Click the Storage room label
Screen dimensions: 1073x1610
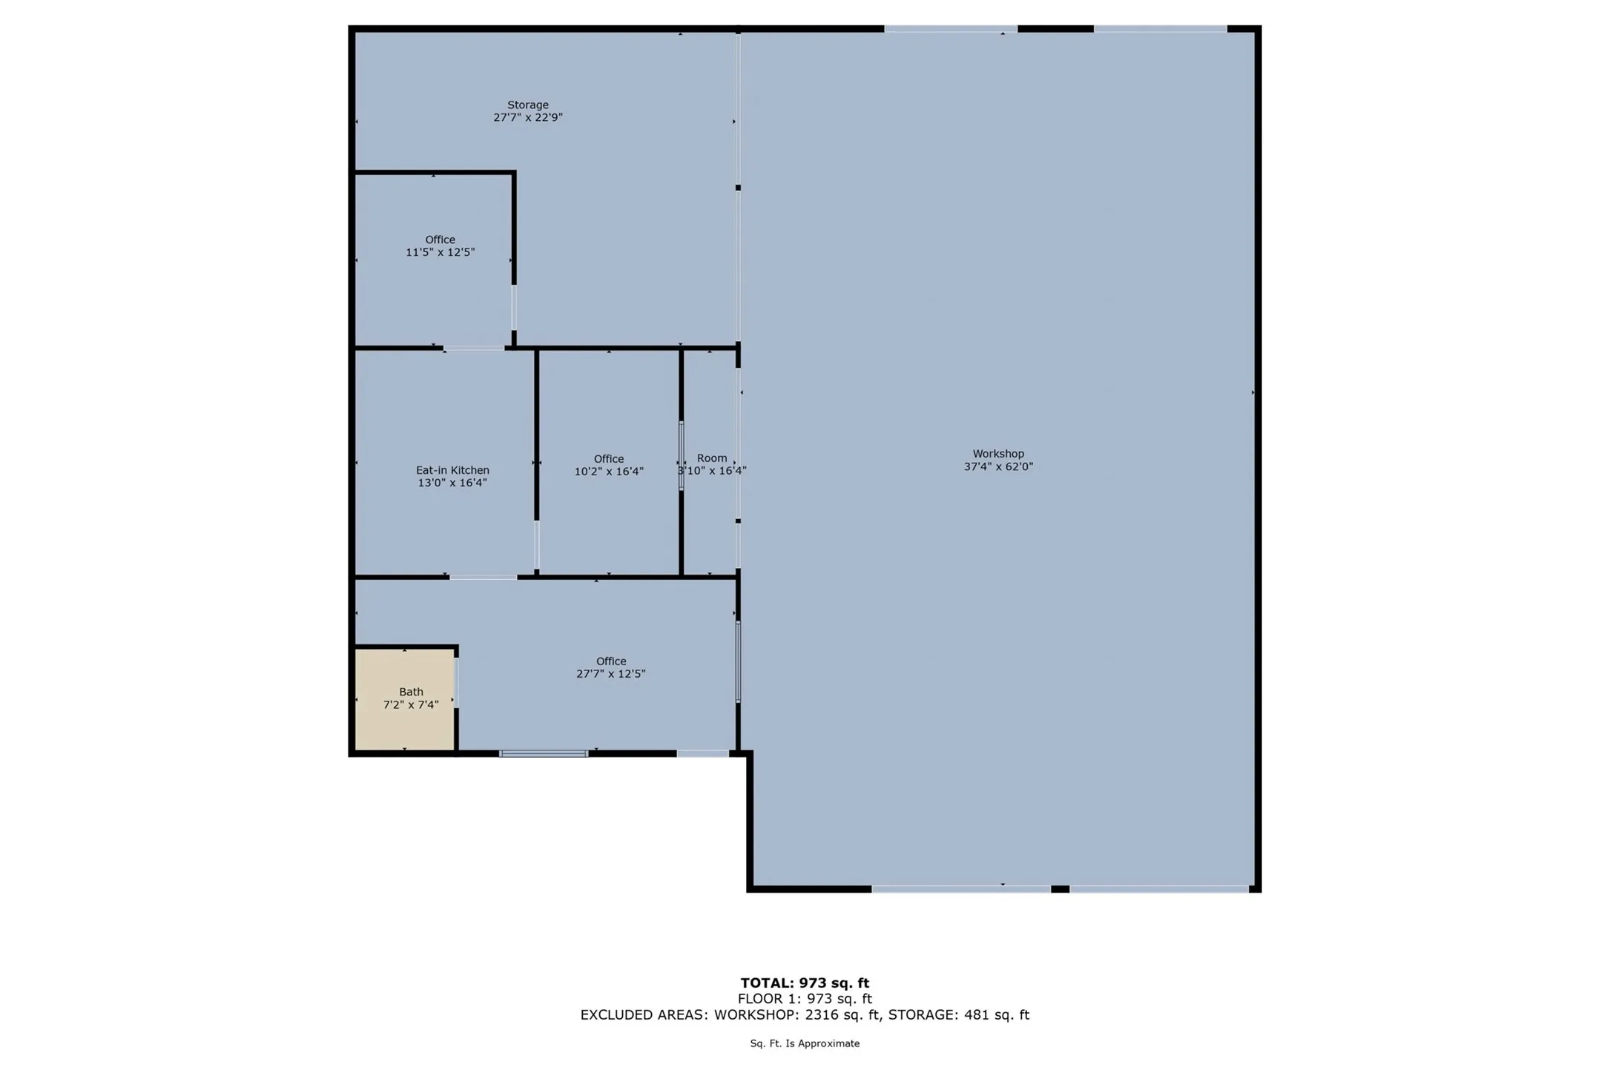click(527, 105)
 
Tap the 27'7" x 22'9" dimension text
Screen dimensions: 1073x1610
click(527, 117)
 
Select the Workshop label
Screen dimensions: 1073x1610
click(997, 454)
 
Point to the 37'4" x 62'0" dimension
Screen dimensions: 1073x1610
click(997, 466)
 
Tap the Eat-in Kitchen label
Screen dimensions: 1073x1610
click(452, 470)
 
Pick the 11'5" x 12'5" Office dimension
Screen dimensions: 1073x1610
click(440, 252)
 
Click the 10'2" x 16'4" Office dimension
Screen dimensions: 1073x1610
click(608, 472)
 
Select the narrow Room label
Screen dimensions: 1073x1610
click(711, 458)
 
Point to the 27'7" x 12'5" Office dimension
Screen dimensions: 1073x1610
click(610, 674)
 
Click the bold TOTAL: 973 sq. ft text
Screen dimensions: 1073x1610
click(805, 983)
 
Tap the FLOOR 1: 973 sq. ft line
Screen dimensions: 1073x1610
click(805, 999)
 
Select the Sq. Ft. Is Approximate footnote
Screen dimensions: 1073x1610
click(805, 1043)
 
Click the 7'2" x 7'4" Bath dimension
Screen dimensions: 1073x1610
click(410, 705)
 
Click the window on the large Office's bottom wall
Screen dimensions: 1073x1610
click(544, 753)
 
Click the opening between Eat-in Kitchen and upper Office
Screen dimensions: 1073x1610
click(474, 348)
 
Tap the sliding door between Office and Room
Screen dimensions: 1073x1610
click(681, 455)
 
